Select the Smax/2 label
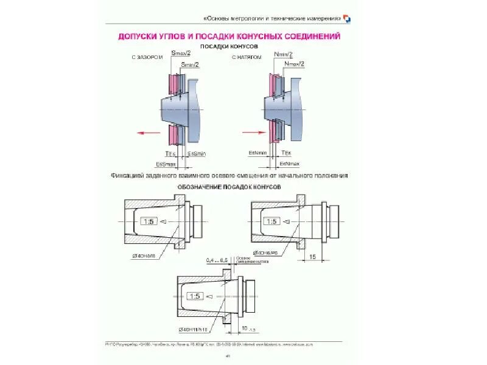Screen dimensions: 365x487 (182, 54)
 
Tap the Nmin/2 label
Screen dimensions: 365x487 (283, 54)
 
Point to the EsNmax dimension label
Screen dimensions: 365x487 (289, 164)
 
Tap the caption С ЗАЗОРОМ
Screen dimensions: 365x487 (145, 58)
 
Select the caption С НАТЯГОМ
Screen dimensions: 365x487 (247, 58)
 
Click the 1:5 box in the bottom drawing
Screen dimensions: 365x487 (195, 296)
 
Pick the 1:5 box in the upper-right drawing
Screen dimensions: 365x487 (272, 223)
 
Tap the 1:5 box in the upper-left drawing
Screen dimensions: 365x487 (147, 223)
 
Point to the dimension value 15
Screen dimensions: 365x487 (314, 257)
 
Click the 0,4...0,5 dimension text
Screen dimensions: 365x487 (217, 260)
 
